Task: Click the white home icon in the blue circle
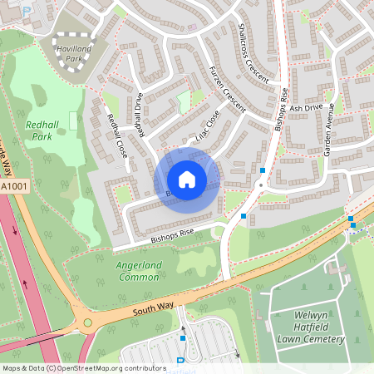tap(187, 180)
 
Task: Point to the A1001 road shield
tap(15, 188)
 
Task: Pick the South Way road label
tap(153, 309)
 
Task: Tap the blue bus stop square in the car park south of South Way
tap(183, 337)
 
